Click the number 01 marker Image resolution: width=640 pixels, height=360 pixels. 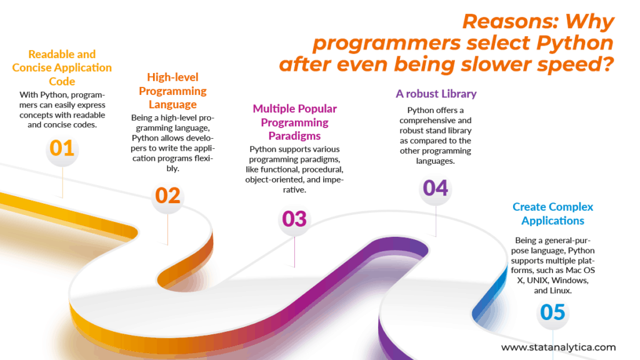coord(62,149)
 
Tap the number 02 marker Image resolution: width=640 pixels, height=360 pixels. coord(167,196)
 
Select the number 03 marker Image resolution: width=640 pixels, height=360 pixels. coord(294,219)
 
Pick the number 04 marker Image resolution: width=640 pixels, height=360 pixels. coord(436,187)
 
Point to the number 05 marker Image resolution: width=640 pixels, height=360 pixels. coord(552,312)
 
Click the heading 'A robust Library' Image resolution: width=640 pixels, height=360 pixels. coord(436,94)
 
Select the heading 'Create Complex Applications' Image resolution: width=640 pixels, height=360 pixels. coord(552,213)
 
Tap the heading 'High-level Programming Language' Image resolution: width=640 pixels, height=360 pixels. coord(172,91)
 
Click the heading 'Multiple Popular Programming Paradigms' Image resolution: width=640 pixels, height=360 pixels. coord(294,122)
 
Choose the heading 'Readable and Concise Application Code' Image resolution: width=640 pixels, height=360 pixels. coord(62,67)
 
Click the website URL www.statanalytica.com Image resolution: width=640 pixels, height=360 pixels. coord(558,347)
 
